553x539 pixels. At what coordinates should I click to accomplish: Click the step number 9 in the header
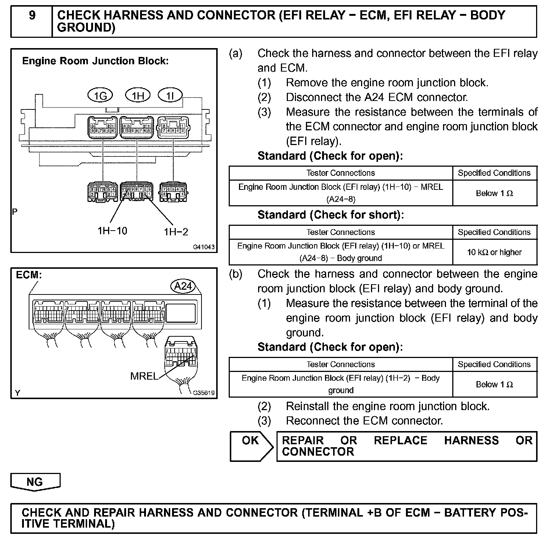[x=32, y=16]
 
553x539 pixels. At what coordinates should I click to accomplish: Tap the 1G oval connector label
[x=100, y=96]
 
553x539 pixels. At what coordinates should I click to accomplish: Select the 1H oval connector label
[x=138, y=96]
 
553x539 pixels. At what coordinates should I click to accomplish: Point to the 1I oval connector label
[x=170, y=96]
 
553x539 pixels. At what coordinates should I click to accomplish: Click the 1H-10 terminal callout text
[x=112, y=231]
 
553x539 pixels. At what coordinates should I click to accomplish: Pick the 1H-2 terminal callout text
[x=176, y=232]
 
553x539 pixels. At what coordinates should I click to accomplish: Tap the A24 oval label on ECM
[x=183, y=286]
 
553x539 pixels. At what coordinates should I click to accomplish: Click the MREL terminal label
[x=144, y=376]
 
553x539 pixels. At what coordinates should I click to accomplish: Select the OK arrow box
[x=251, y=446]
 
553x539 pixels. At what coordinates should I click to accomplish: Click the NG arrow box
[x=35, y=482]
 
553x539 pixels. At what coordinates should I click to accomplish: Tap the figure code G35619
[x=204, y=393]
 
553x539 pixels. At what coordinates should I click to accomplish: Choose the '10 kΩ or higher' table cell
[x=494, y=252]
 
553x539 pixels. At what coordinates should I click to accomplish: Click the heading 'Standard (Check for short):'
[x=331, y=215]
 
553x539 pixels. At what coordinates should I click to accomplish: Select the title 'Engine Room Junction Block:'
[x=95, y=61]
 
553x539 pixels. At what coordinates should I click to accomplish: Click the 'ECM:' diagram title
[x=29, y=275]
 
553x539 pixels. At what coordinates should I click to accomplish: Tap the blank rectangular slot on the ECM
[x=181, y=312]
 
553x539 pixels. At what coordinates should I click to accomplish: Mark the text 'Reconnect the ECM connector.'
[x=364, y=421]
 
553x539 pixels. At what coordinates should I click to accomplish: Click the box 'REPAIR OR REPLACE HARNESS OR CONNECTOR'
[x=407, y=446]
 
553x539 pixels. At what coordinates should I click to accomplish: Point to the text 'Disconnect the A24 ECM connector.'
[x=377, y=97]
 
